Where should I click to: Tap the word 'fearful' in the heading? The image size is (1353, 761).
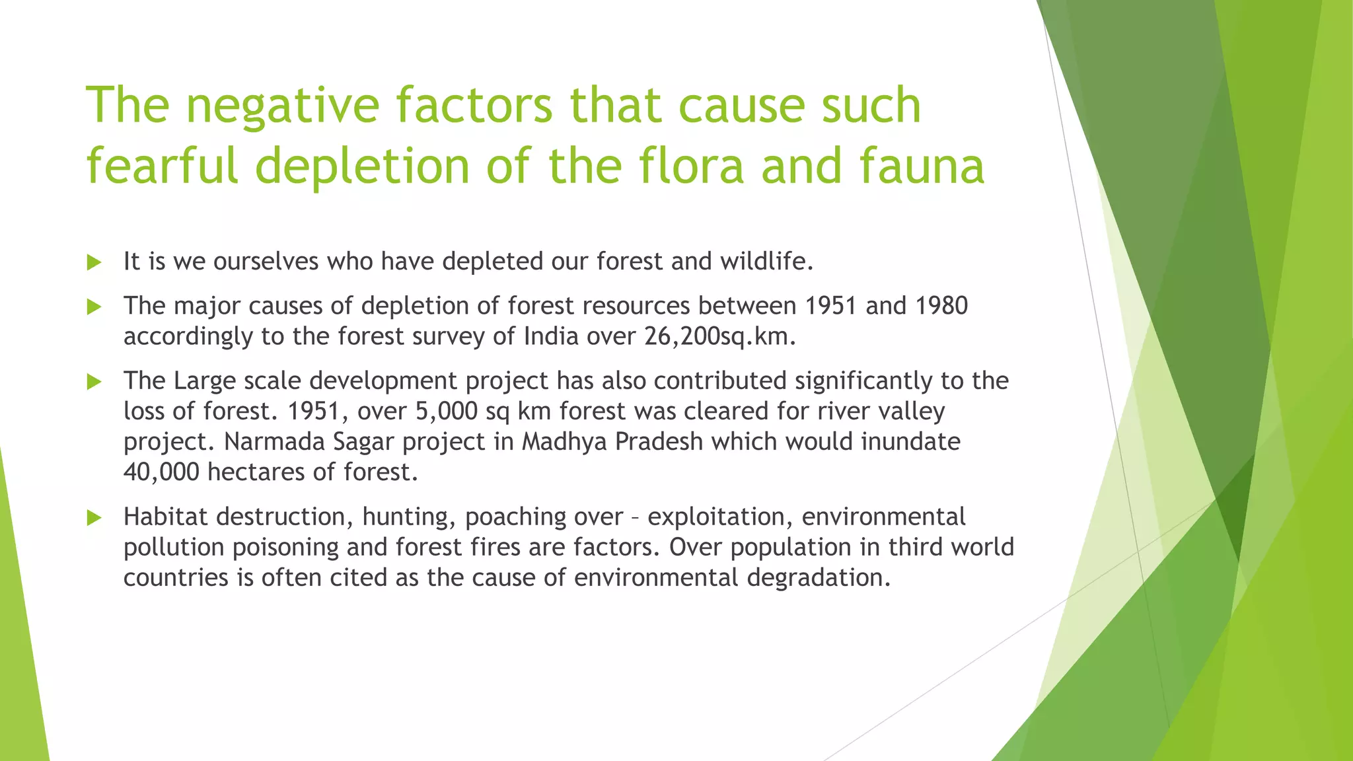162,166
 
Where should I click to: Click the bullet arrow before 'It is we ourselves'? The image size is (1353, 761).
94,262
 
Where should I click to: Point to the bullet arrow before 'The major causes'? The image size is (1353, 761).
94,307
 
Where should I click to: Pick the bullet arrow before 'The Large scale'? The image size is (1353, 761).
94,381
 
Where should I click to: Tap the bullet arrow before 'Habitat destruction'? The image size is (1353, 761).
94,517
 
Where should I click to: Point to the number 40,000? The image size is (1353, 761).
161,472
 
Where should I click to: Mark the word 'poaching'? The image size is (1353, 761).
515,517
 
